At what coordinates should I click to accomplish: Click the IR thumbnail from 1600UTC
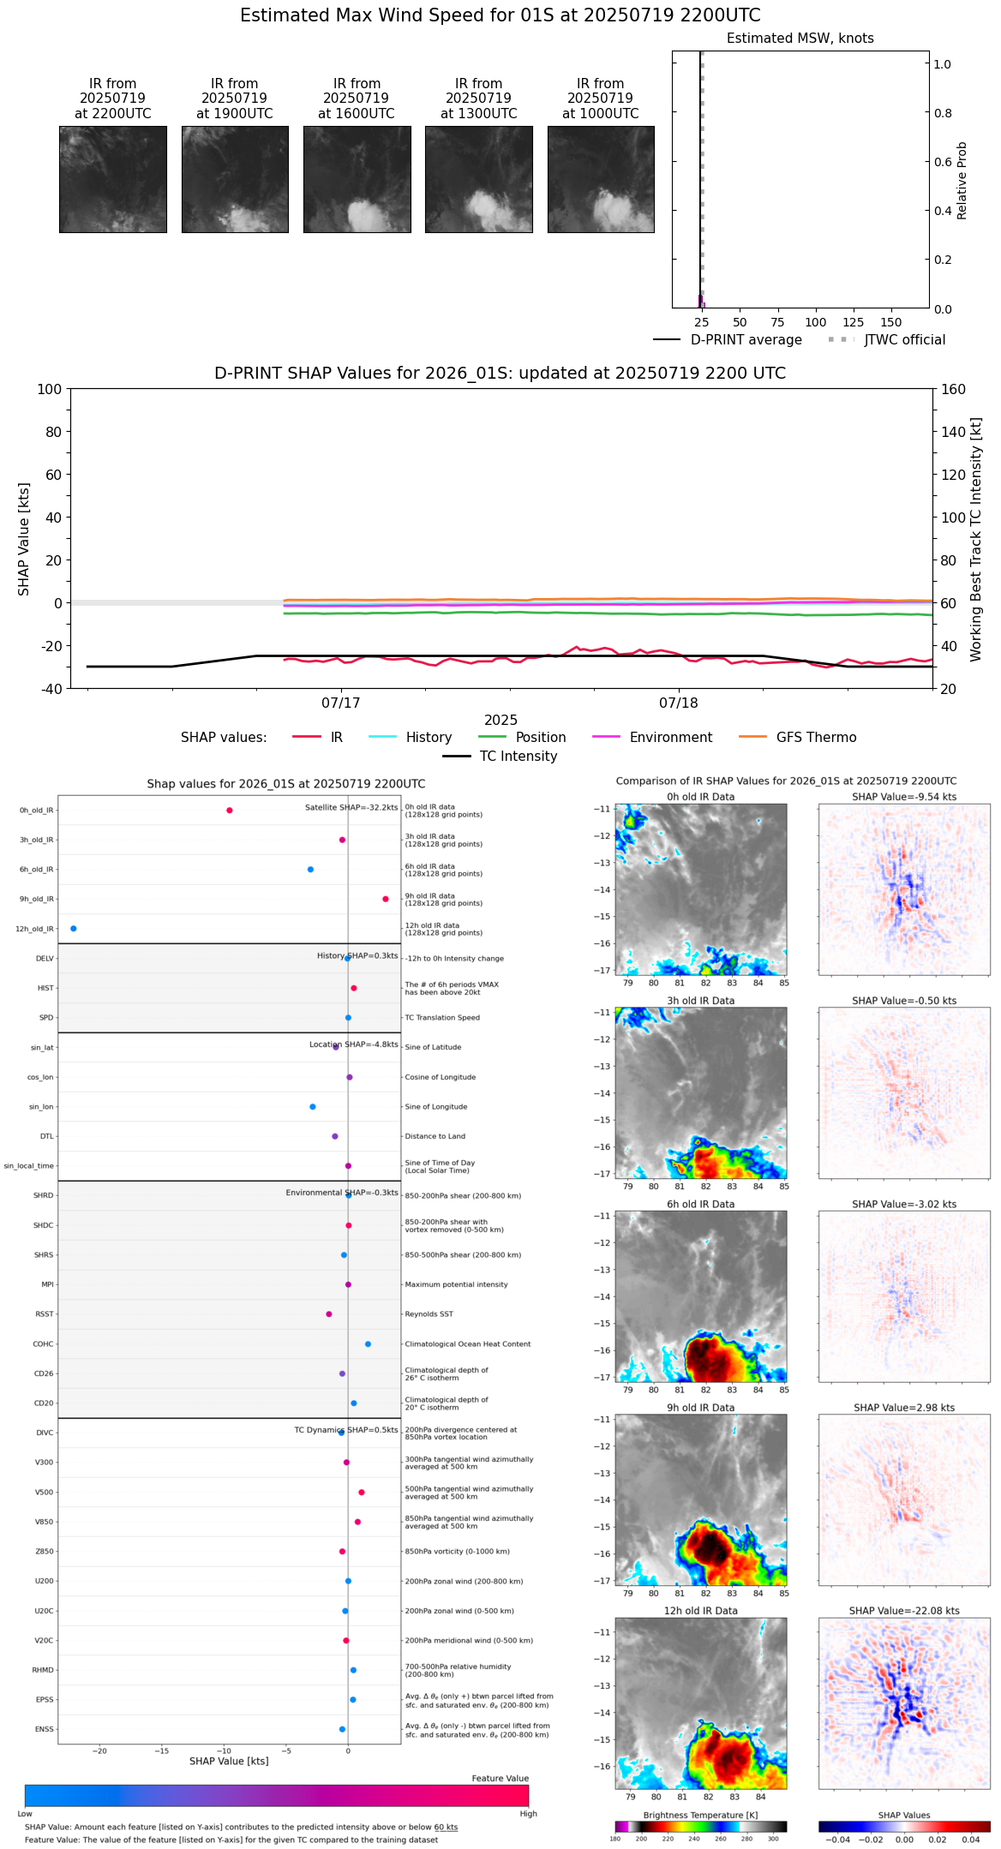click(357, 179)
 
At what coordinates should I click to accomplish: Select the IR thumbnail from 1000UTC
click(601, 179)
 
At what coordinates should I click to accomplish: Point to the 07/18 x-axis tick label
click(678, 703)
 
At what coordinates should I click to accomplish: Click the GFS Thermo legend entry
click(815, 738)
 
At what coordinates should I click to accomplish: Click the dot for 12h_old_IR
click(74, 929)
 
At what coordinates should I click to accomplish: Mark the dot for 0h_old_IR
click(230, 811)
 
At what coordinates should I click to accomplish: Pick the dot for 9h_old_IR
click(386, 899)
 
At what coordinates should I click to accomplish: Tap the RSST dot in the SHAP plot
click(329, 1314)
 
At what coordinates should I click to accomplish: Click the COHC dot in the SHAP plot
click(369, 1343)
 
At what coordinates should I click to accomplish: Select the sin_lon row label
click(41, 1107)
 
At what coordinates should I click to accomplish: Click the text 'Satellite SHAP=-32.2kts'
click(351, 808)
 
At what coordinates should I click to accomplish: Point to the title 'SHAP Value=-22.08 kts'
click(904, 1611)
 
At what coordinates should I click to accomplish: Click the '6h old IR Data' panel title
click(700, 1204)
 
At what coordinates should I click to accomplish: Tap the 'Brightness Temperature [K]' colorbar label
click(700, 1816)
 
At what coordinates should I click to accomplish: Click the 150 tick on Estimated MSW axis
click(891, 323)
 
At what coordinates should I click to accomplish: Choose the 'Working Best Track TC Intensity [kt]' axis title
click(976, 539)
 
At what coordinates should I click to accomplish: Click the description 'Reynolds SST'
click(429, 1314)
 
